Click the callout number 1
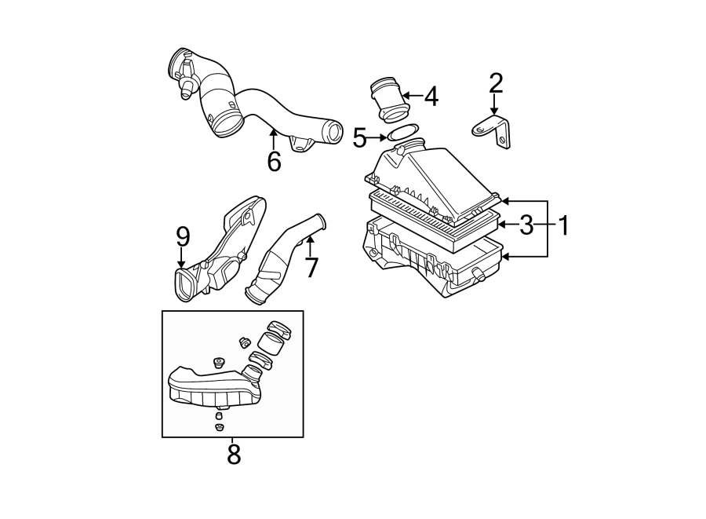tap(562, 226)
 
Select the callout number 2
tap(495, 82)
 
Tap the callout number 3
tap(526, 226)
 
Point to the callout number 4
tap(431, 97)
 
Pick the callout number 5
tap(360, 139)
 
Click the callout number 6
tap(273, 161)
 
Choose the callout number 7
tap(311, 267)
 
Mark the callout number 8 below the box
tap(233, 453)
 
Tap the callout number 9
tap(182, 235)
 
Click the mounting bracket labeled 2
tap(493, 130)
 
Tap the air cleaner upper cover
tap(424, 177)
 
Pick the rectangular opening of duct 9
tap(185, 283)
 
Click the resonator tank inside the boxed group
tap(208, 389)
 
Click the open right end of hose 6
tap(333, 130)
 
